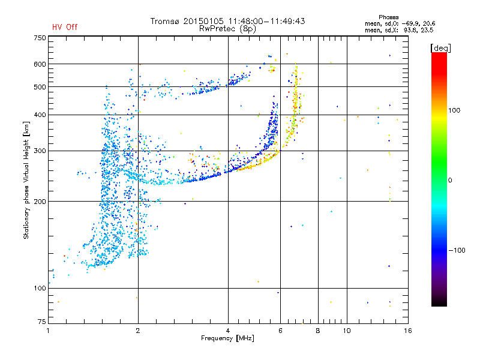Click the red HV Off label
pyautogui.click(x=64, y=27)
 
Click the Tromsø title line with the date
pyautogui.click(x=228, y=21)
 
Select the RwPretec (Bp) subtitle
pyautogui.click(x=228, y=28)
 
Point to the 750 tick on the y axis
pyautogui.click(x=40, y=38)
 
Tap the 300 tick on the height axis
pyautogui.click(x=40, y=151)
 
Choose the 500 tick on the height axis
pyautogui.click(x=40, y=87)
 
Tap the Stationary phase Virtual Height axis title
pyautogui.click(x=26, y=180)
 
